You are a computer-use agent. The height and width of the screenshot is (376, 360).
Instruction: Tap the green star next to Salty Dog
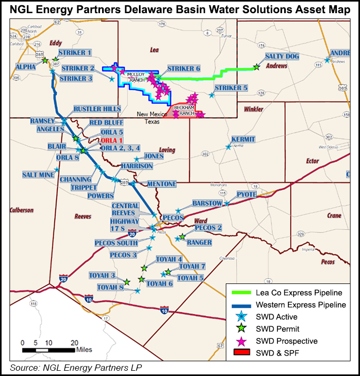(256, 67)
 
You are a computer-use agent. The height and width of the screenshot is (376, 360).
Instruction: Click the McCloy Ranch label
(136, 77)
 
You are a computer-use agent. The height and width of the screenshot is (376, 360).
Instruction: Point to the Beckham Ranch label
(188, 110)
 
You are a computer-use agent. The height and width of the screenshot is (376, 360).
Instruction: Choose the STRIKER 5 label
(231, 88)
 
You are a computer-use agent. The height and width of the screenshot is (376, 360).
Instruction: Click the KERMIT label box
(243, 139)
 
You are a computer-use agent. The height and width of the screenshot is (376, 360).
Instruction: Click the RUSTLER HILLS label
(97, 109)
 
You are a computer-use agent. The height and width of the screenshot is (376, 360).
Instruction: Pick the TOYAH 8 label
(110, 287)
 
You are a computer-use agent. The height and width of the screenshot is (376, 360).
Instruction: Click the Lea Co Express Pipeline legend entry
(299, 292)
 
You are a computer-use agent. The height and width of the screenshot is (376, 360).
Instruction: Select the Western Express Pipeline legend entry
(301, 304)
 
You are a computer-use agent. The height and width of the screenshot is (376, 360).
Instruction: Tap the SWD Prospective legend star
(243, 341)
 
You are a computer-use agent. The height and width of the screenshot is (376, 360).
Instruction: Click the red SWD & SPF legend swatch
(242, 353)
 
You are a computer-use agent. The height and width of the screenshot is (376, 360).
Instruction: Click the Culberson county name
(22, 210)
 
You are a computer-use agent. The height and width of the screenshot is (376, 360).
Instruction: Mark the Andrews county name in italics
(276, 66)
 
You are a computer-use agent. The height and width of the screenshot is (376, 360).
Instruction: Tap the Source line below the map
(76, 367)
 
